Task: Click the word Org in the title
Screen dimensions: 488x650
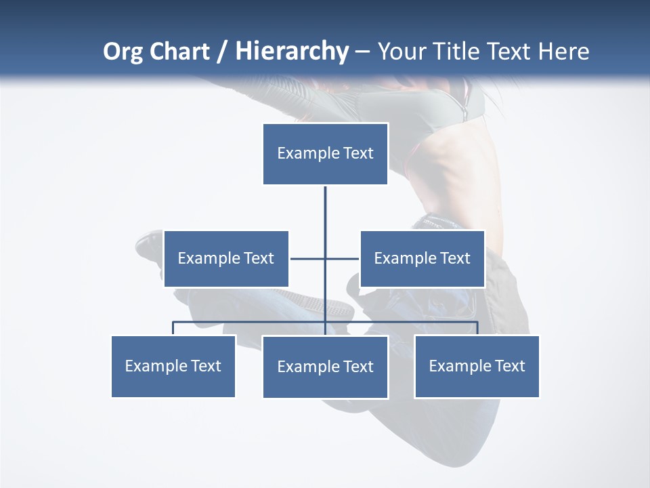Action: (x=123, y=52)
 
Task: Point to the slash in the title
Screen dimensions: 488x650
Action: (x=223, y=52)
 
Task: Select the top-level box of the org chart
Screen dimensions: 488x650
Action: (x=325, y=154)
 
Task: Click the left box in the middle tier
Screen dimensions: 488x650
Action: (x=226, y=258)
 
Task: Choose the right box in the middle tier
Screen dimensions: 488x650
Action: (x=422, y=258)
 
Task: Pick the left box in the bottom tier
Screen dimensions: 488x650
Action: (x=173, y=366)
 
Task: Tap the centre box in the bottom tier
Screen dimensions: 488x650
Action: (x=325, y=367)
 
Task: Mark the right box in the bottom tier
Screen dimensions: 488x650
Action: (x=477, y=366)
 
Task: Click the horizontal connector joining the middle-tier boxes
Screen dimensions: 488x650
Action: (x=308, y=258)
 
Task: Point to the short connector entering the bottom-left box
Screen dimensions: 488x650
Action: (x=173, y=328)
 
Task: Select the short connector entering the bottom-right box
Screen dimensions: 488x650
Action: (x=477, y=328)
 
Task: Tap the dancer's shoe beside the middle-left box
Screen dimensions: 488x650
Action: (x=149, y=243)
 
